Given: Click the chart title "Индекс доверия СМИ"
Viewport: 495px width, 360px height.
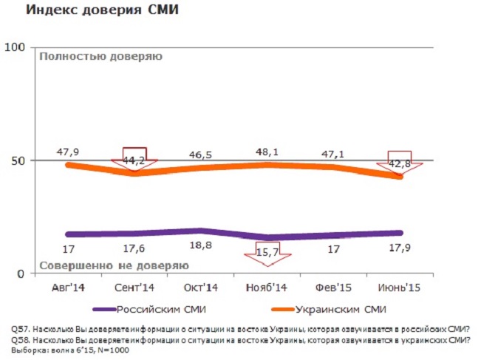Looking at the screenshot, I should click(x=103, y=10).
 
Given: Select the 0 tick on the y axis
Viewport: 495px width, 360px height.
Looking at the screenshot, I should click(x=21, y=274).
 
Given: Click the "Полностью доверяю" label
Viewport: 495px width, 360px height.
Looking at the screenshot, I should click(x=100, y=56).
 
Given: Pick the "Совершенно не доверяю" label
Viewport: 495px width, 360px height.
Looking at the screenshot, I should click(x=113, y=265).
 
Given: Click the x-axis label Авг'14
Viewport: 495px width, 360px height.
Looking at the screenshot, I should click(x=68, y=286).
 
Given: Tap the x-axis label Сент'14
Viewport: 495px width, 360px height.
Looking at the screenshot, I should click(x=134, y=286).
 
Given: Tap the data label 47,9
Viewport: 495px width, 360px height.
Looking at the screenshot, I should click(x=68, y=152).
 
